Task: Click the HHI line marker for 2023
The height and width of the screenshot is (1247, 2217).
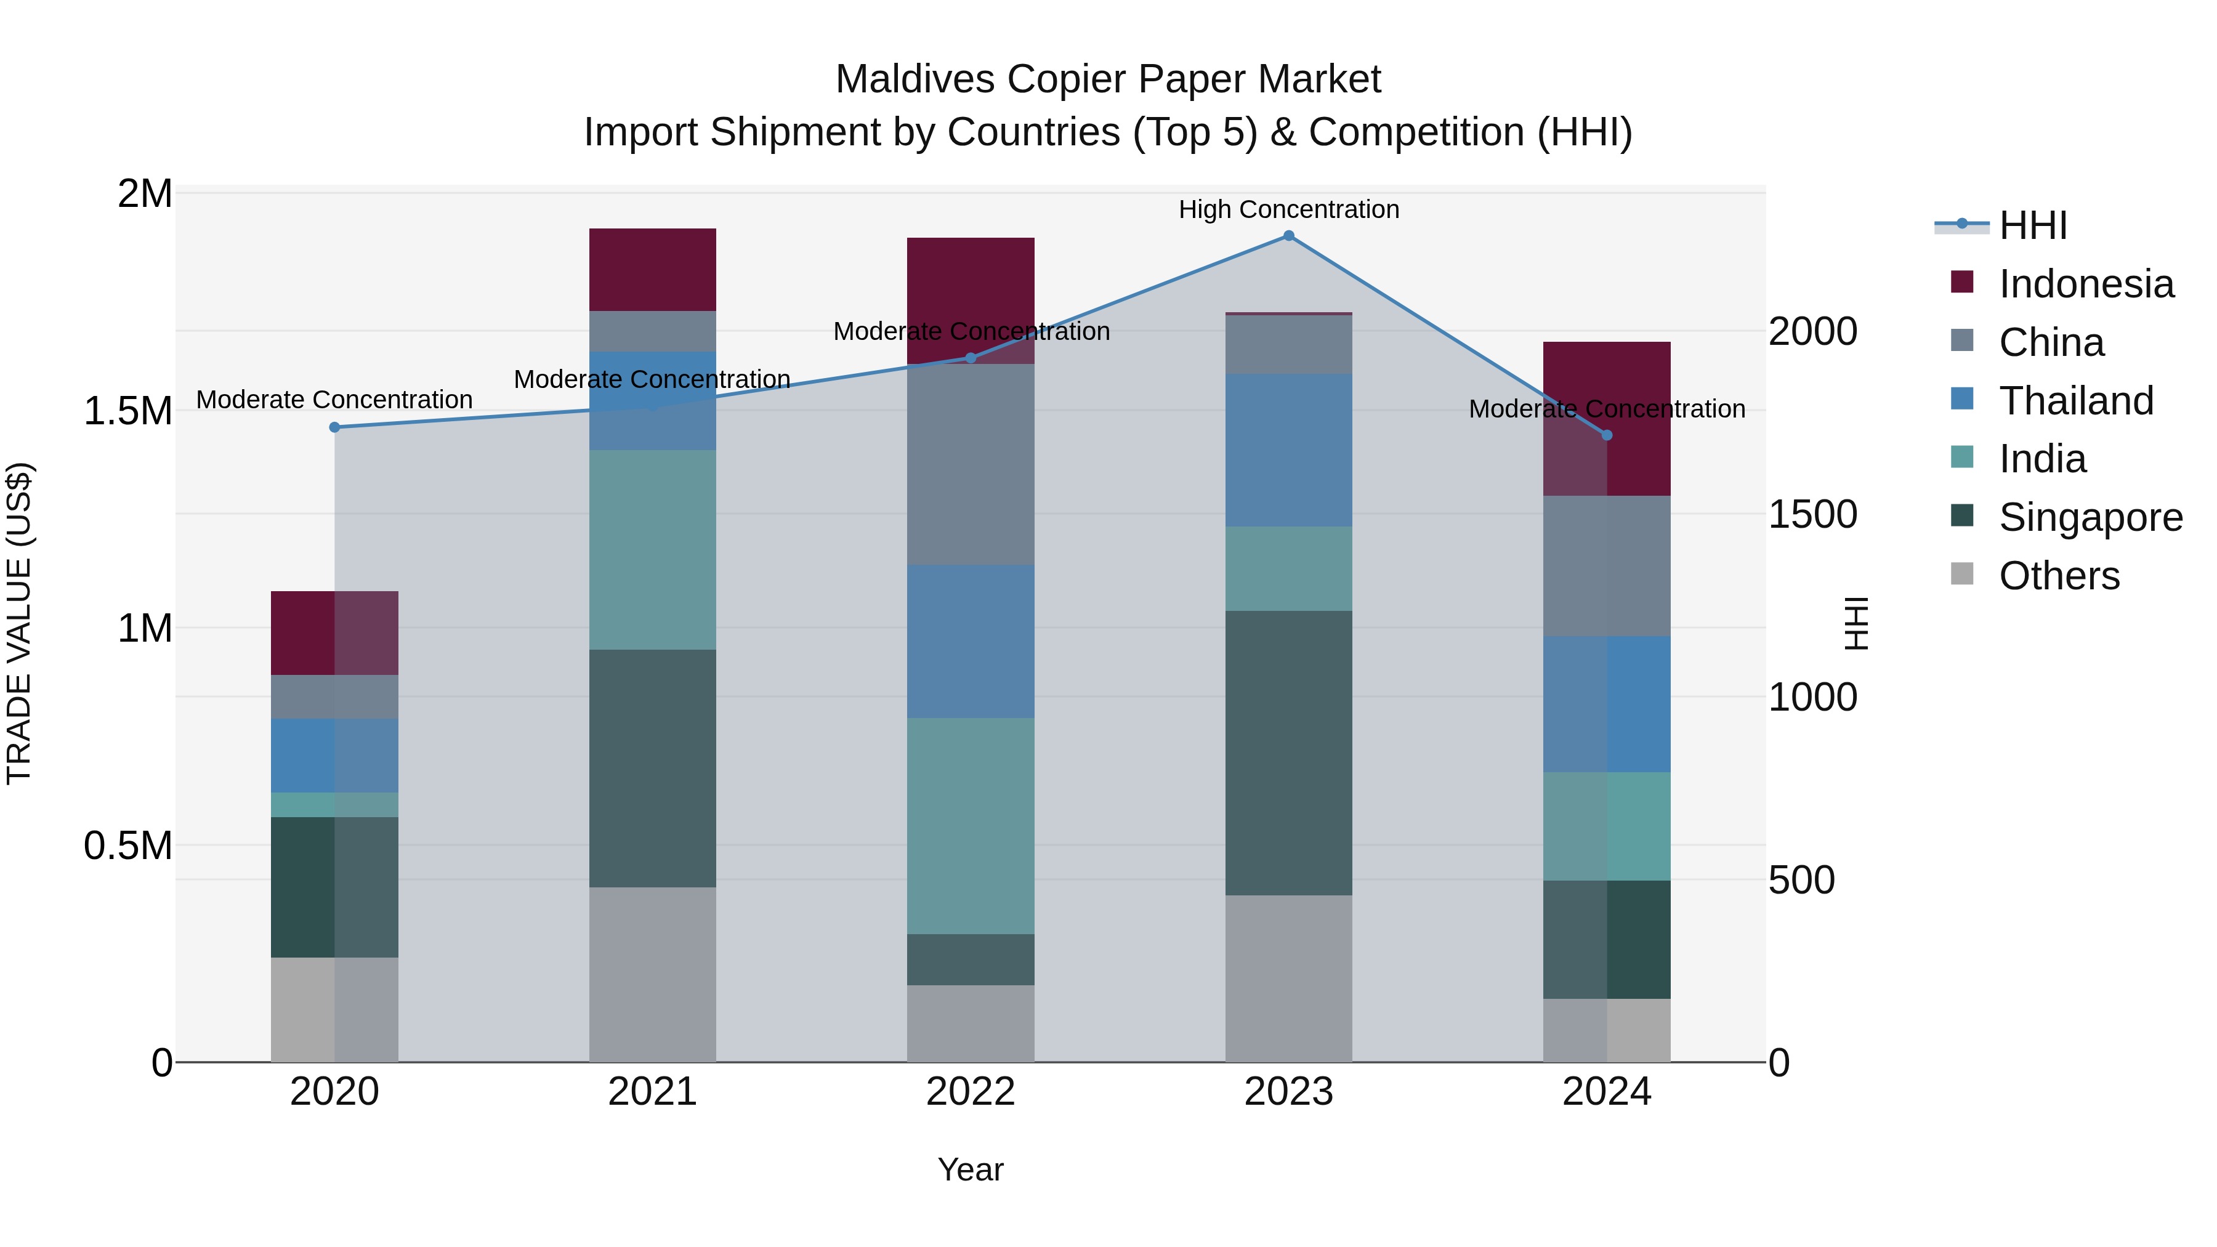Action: click(x=1288, y=236)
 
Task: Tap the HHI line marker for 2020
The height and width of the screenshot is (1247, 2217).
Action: click(x=335, y=427)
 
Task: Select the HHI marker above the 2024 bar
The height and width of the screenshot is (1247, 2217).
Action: click(x=1606, y=435)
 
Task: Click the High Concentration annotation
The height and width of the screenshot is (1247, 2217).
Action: click(x=1288, y=209)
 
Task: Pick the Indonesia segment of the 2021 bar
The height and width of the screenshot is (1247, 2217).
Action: click(x=652, y=269)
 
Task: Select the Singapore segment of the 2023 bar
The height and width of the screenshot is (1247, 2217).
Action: click(x=1288, y=753)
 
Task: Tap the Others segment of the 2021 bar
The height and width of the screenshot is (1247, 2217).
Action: click(x=652, y=974)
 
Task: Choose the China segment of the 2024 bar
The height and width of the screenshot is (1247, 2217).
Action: click(x=1606, y=565)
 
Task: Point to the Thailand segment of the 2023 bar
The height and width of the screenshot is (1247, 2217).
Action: click(x=1288, y=450)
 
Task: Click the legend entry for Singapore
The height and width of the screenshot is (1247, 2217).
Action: click(x=2090, y=517)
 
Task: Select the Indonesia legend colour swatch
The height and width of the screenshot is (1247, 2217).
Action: click(x=1961, y=282)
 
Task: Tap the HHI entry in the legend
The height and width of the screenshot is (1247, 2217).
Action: click(x=2032, y=225)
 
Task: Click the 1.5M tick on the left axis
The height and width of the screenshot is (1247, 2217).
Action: click(x=127, y=411)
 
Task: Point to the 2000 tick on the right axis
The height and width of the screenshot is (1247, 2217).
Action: click(x=1812, y=331)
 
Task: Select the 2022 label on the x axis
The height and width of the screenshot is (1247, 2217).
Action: click(x=970, y=1092)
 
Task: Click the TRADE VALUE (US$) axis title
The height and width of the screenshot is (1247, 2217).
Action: click(x=19, y=623)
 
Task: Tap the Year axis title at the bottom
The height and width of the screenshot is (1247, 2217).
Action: click(x=970, y=1169)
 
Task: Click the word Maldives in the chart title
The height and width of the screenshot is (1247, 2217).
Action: click(x=915, y=79)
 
